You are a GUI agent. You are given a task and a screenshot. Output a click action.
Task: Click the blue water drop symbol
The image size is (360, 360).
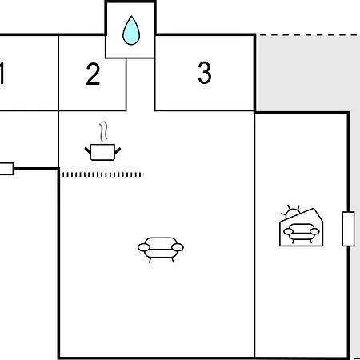(131, 30)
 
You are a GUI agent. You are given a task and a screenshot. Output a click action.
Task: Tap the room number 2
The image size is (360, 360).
(93, 74)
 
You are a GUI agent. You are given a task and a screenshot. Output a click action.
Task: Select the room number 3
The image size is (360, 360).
(205, 73)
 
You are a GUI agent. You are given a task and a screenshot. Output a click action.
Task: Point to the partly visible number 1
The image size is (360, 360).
(2, 73)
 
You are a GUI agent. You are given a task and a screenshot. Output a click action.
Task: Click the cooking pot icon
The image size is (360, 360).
(102, 152)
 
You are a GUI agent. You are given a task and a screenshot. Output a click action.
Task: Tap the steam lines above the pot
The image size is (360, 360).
(104, 131)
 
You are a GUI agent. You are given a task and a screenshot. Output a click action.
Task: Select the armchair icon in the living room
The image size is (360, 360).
(161, 250)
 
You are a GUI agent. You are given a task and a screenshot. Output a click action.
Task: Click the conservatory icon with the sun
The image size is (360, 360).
(302, 227)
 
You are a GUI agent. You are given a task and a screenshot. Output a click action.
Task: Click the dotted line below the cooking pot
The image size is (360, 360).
(103, 174)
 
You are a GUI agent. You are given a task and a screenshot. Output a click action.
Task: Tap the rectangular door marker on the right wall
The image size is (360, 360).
(348, 229)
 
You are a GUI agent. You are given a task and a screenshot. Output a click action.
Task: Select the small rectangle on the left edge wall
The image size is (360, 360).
(6, 169)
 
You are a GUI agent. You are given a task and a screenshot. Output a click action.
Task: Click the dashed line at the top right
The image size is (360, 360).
(310, 35)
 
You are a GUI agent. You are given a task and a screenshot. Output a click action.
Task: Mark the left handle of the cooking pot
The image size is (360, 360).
(88, 150)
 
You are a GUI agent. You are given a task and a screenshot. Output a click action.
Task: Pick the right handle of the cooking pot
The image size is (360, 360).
(118, 150)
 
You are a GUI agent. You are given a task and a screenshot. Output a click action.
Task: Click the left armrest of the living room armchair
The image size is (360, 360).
(144, 247)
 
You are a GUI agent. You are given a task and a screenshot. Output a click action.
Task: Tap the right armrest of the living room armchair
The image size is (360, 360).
(178, 247)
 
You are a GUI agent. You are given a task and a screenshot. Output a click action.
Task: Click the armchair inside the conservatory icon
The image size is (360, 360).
(302, 233)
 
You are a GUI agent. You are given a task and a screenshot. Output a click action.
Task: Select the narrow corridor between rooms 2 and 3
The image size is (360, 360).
(141, 84)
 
